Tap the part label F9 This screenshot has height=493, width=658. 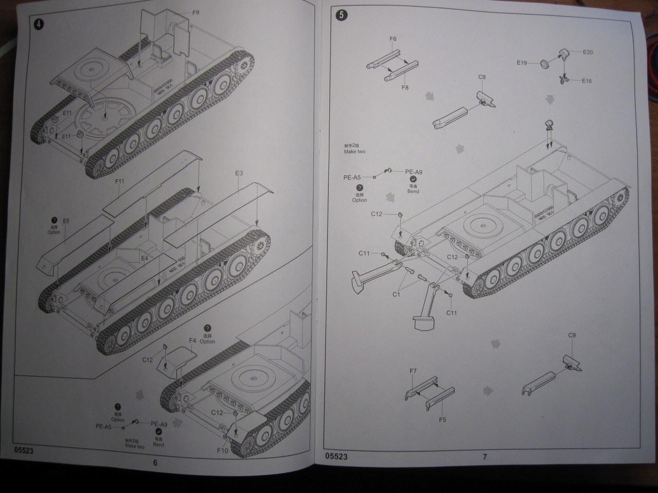click(x=195, y=12)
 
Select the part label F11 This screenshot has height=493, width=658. click(x=120, y=181)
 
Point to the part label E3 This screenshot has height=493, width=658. click(x=239, y=174)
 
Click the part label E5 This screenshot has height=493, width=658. click(x=66, y=221)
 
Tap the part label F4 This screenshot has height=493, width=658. click(x=193, y=340)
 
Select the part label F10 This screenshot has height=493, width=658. click(x=222, y=451)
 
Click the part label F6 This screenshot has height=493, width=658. click(x=393, y=39)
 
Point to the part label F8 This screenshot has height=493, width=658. click(x=405, y=88)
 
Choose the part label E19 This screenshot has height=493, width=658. click(x=522, y=63)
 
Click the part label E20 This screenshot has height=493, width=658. click(x=588, y=52)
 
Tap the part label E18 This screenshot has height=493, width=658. click(x=587, y=81)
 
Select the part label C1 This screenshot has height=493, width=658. click(x=396, y=294)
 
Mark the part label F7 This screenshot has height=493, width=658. click(x=413, y=371)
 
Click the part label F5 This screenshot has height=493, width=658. click(x=443, y=420)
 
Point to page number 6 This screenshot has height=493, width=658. click(x=155, y=462)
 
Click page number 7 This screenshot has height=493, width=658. click(x=484, y=456)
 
